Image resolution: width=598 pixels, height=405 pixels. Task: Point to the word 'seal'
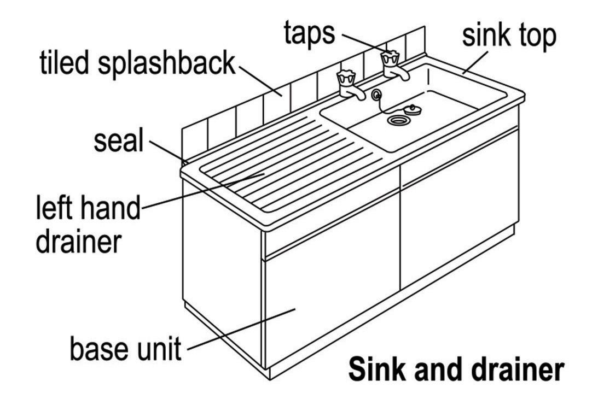[118, 141]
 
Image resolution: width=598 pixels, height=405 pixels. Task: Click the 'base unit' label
[125, 348]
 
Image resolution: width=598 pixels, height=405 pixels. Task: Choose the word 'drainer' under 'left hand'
[78, 240]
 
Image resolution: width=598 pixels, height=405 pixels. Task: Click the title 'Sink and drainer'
[456, 370]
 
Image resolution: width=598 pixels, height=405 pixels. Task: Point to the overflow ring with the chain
[376, 96]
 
